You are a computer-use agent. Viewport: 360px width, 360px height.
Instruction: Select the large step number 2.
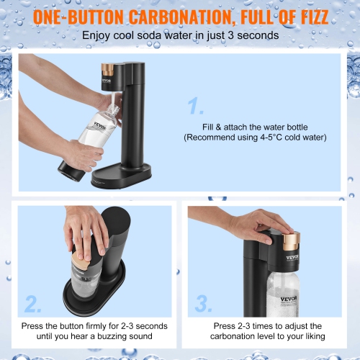click(x=33, y=303)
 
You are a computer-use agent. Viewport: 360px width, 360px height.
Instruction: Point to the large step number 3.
click(x=203, y=303)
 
